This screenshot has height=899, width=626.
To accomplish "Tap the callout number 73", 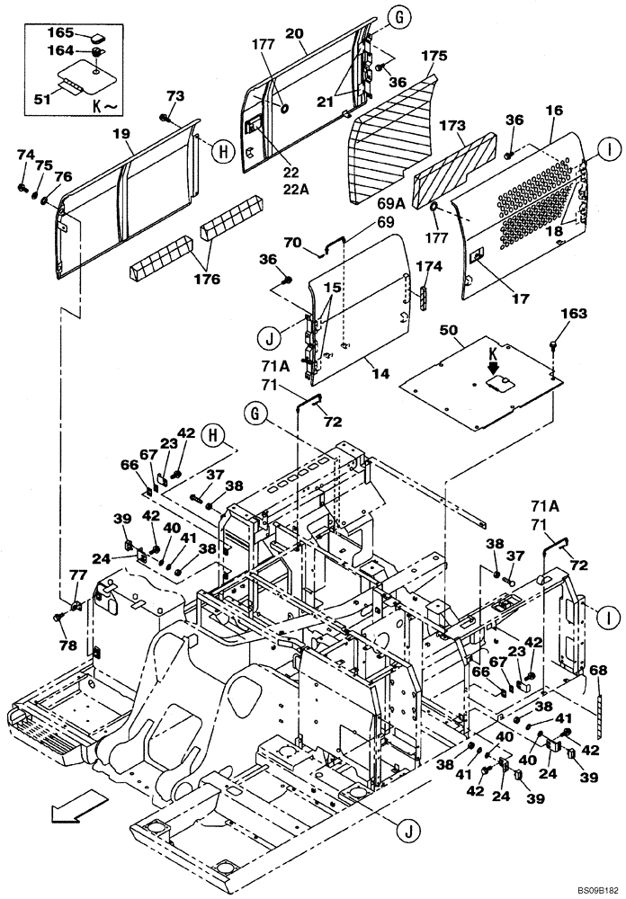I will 174,95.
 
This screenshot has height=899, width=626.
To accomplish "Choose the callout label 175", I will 434,56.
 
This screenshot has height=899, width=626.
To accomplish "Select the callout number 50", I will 449,333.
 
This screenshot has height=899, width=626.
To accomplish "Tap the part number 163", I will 574,314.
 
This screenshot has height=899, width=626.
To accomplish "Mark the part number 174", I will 430,267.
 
